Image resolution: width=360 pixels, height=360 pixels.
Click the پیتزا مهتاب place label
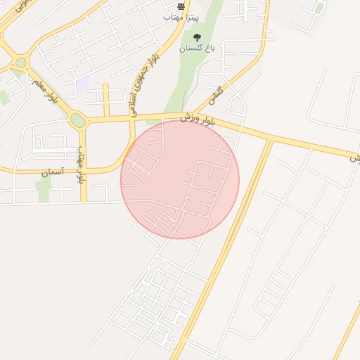point(181,15)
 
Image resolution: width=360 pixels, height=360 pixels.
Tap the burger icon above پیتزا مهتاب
point(181,6)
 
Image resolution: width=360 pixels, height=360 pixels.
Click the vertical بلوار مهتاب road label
point(82,165)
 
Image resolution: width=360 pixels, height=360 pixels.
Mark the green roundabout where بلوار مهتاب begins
point(78,120)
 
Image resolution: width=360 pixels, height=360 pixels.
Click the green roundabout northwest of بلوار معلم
point(20,63)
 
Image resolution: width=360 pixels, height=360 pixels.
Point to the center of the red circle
point(180,179)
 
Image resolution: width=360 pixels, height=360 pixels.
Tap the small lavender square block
point(83,84)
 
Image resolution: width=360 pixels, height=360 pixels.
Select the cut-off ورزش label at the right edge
point(355,159)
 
